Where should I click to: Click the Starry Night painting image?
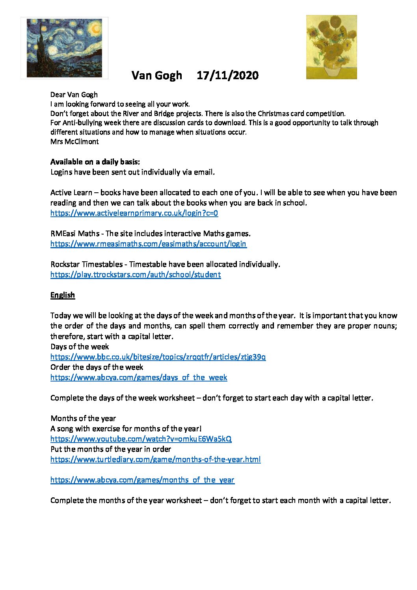[64, 48]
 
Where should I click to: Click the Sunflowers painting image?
[331, 47]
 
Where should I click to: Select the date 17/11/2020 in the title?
[227, 75]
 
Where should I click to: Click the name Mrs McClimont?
[74, 141]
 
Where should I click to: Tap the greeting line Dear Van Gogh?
[74, 95]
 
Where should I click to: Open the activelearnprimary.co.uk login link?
[134, 213]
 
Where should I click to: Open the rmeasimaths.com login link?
[148, 244]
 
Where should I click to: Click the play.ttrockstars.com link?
[136, 275]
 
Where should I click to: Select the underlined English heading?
[63, 295]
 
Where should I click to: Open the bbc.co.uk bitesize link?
[158, 357]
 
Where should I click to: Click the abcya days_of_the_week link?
[139, 378]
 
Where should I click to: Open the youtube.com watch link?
[141, 439]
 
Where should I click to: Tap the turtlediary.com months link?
[155, 460]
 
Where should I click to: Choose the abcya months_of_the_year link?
[142, 480]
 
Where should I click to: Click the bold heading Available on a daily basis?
[95, 162]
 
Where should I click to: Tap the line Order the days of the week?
[97, 367]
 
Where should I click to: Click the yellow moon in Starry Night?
[95, 28]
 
